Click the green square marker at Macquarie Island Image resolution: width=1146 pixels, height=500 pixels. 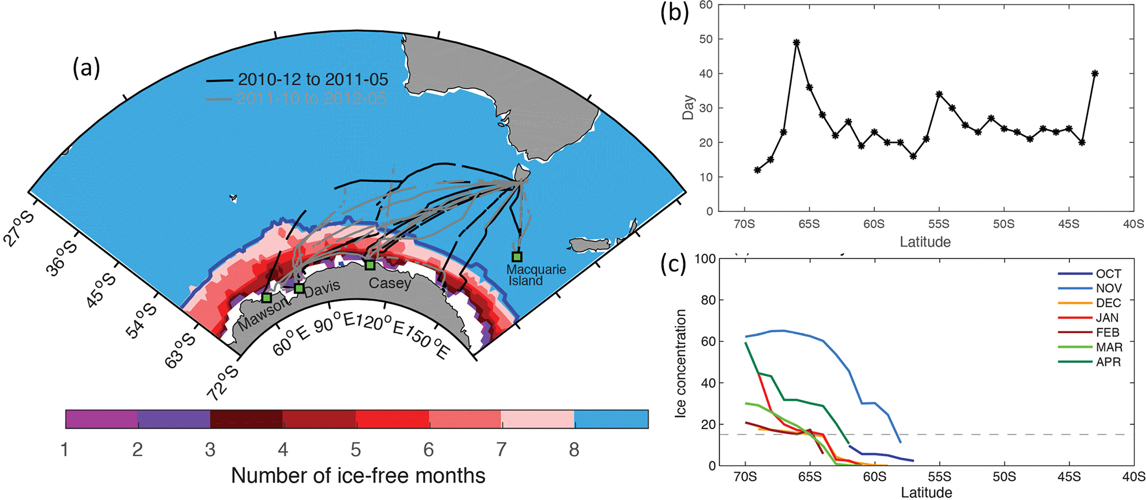517,257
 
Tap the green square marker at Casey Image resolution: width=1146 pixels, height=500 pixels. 370,265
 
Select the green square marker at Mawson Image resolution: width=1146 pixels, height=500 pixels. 266,297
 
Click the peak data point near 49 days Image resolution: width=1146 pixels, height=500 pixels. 796,42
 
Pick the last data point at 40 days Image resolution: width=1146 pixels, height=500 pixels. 1095,73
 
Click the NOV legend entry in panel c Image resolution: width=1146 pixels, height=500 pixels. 1108,288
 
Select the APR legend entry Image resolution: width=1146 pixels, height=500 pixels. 1108,362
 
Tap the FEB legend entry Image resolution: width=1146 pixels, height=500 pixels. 1108,332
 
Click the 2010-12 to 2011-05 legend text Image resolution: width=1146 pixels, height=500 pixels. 313,80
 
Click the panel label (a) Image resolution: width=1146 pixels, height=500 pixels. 86,68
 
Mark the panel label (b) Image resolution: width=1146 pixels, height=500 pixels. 675,12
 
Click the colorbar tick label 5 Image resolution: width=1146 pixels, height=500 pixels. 356,449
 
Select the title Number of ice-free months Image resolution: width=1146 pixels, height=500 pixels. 358,476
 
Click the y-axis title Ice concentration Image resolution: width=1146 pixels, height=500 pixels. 681,363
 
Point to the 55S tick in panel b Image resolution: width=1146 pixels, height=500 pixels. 939,224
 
